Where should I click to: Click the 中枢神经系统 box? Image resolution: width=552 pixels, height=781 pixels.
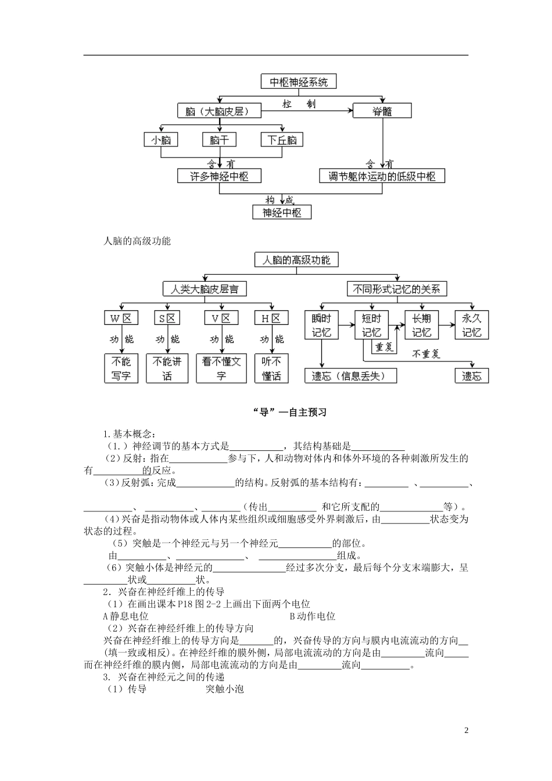[299, 82]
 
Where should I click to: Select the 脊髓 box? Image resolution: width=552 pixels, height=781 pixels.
[382, 110]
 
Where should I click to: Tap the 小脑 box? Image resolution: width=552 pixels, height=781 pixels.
[161, 140]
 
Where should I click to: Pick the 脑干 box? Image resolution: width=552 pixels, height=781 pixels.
[220, 140]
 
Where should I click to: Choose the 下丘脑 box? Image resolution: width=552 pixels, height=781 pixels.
[282, 140]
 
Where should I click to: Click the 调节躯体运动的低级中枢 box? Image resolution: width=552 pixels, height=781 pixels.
[382, 175]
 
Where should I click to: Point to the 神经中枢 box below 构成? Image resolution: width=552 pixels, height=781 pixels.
[282, 212]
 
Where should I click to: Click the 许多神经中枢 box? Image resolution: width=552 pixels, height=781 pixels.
[220, 175]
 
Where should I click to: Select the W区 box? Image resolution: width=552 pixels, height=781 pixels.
[121, 318]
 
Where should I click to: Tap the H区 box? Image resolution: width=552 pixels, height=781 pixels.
[271, 318]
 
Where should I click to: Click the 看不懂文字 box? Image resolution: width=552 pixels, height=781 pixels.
[221, 368]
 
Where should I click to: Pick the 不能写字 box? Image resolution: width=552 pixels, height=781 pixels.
[121, 368]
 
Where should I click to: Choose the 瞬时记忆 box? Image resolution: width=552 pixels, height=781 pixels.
[321, 325]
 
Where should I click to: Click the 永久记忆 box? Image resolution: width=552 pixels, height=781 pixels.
[472, 325]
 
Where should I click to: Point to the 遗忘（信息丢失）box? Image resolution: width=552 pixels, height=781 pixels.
[352, 375]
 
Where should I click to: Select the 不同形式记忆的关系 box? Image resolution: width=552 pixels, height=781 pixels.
[397, 289]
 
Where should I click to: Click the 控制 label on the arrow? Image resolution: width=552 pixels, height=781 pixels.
[300, 103]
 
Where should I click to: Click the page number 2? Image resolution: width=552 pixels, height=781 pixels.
[466, 730]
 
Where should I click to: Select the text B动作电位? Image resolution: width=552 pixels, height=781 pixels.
[312, 616]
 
